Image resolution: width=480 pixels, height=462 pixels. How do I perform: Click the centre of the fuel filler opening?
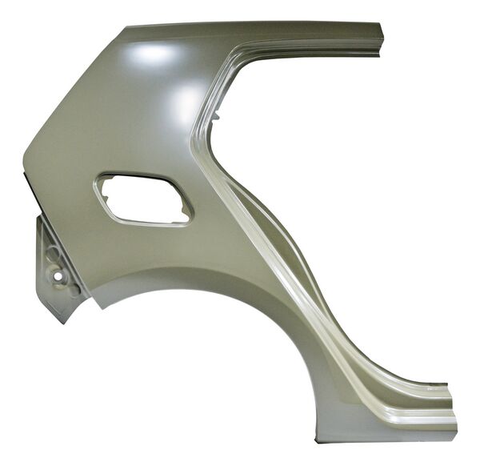point(144,199)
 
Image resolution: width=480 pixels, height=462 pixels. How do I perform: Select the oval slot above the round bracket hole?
point(54,254)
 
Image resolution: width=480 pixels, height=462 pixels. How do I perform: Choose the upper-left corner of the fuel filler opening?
point(103,177)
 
